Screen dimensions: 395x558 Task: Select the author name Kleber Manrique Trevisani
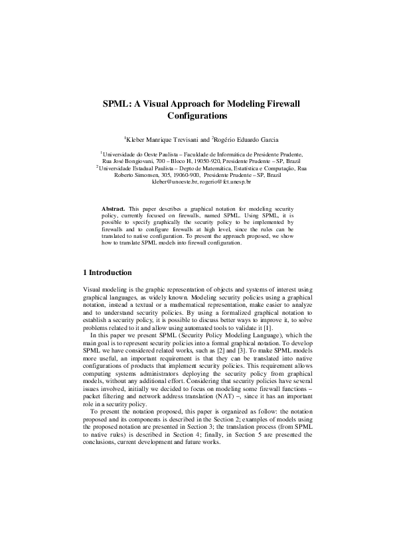pyautogui.click(x=166, y=140)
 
